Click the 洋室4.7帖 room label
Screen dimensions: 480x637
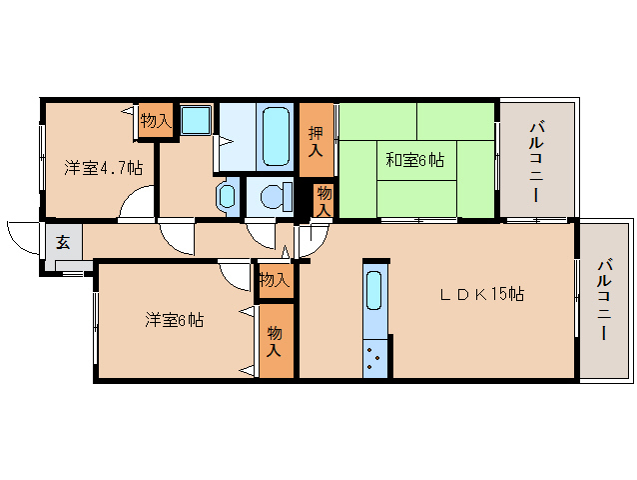tap(103, 167)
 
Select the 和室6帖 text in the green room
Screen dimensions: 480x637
tap(415, 158)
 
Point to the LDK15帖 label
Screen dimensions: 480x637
tap(483, 294)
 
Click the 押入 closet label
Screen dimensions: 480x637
tap(316, 142)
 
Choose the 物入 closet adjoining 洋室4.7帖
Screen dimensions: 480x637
tap(155, 121)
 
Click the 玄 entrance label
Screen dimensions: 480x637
tap(62, 242)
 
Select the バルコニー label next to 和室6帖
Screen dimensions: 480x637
tap(537, 160)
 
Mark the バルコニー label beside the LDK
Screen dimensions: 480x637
tap(605, 300)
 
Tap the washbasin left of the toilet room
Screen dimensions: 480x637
tap(226, 194)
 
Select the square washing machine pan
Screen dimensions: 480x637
tap(195, 120)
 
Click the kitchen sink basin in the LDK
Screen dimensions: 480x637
tap(373, 291)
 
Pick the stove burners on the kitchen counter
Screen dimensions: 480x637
tap(374, 357)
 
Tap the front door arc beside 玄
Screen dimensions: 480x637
tap(21, 237)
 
